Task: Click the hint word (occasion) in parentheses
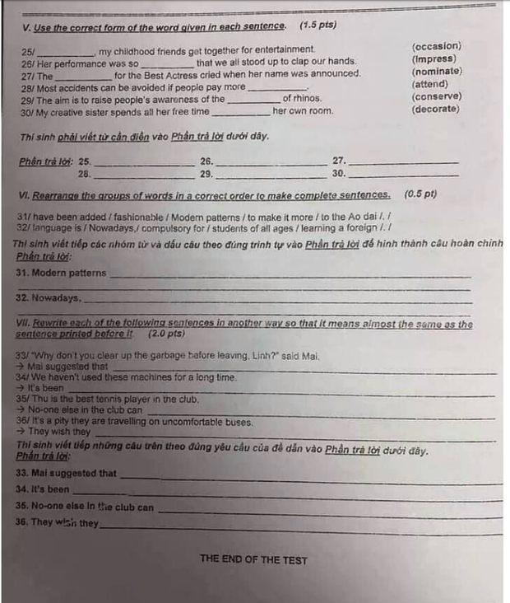click(x=436, y=46)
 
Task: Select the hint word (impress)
click(x=433, y=59)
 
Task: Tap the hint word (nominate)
click(x=436, y=72)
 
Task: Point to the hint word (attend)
click(x=430, y=84)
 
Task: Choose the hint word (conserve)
click(x=436, y=96)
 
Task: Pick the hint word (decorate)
click(x=436, y=109)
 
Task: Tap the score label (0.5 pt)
click(x=420, y=194)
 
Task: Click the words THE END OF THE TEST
click(x=253, y=560)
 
